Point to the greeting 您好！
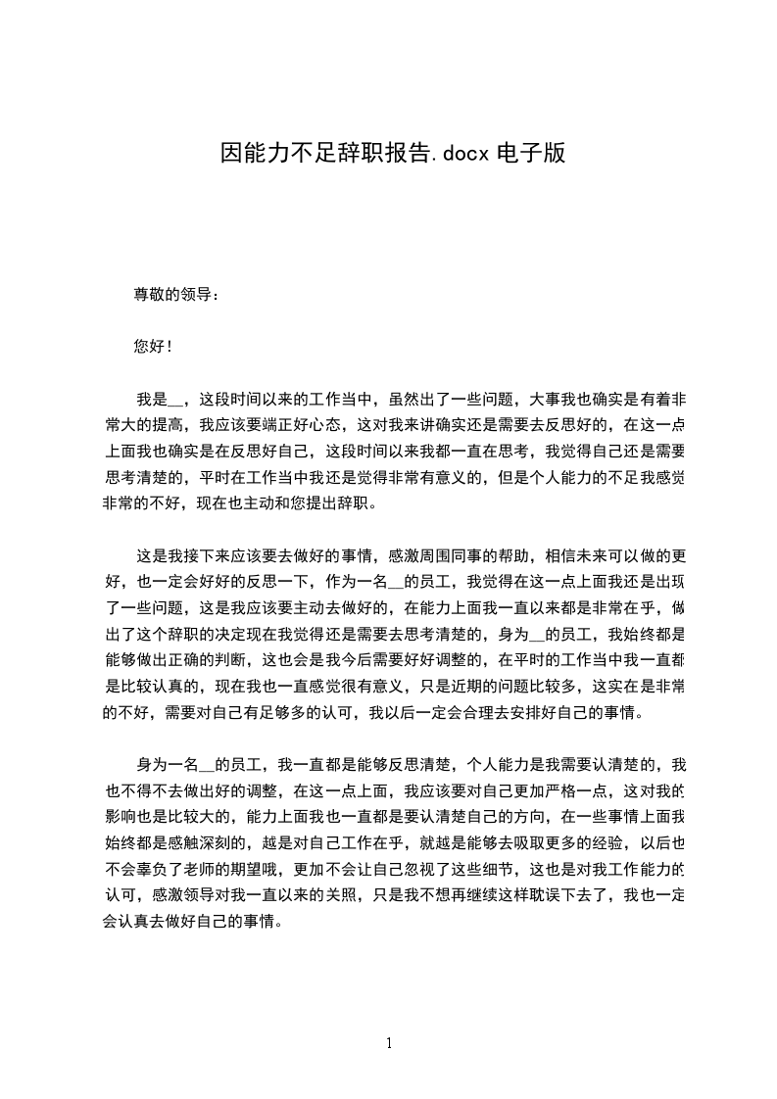[x=153, y=347]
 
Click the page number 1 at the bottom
[x=389, y=1043]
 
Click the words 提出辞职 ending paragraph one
[x=344, y=505]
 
